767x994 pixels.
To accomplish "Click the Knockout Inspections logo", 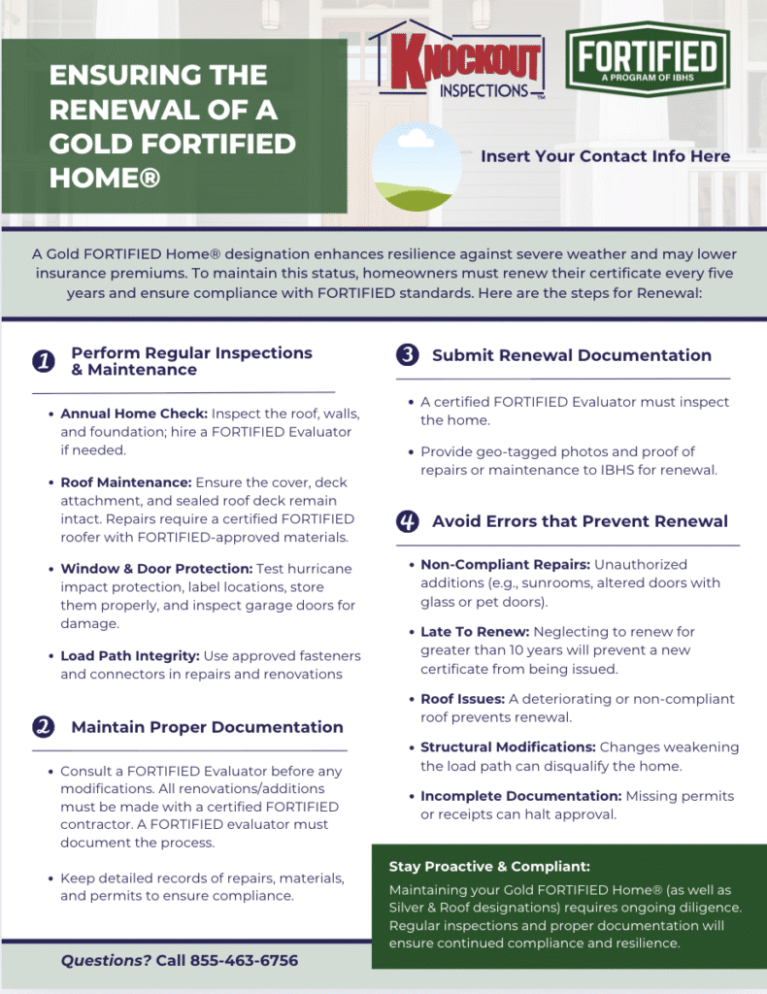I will [x=455, y=61].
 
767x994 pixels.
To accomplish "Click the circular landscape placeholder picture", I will [x=417, y=167].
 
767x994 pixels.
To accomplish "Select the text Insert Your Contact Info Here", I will [x=605, y=155].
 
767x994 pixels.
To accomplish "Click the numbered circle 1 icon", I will [x=43, y=361].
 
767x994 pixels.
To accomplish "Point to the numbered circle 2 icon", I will [x=43, y=727].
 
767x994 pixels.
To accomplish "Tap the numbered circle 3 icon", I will [x=408, y=355].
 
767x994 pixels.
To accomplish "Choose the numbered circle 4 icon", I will [x=408, y=521].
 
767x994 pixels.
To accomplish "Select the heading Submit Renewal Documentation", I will [x=571, y=355].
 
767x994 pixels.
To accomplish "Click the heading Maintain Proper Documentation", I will [x=207, y=727].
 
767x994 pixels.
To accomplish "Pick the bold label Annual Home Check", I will [x=133, y=414].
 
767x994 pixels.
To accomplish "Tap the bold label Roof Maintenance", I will [x=125, y=482].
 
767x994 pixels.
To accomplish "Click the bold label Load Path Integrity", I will [x=131, y=656].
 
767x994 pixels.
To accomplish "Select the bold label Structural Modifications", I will [x=508, y=747].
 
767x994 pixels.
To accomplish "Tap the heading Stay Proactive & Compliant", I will [x=489, y=867].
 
